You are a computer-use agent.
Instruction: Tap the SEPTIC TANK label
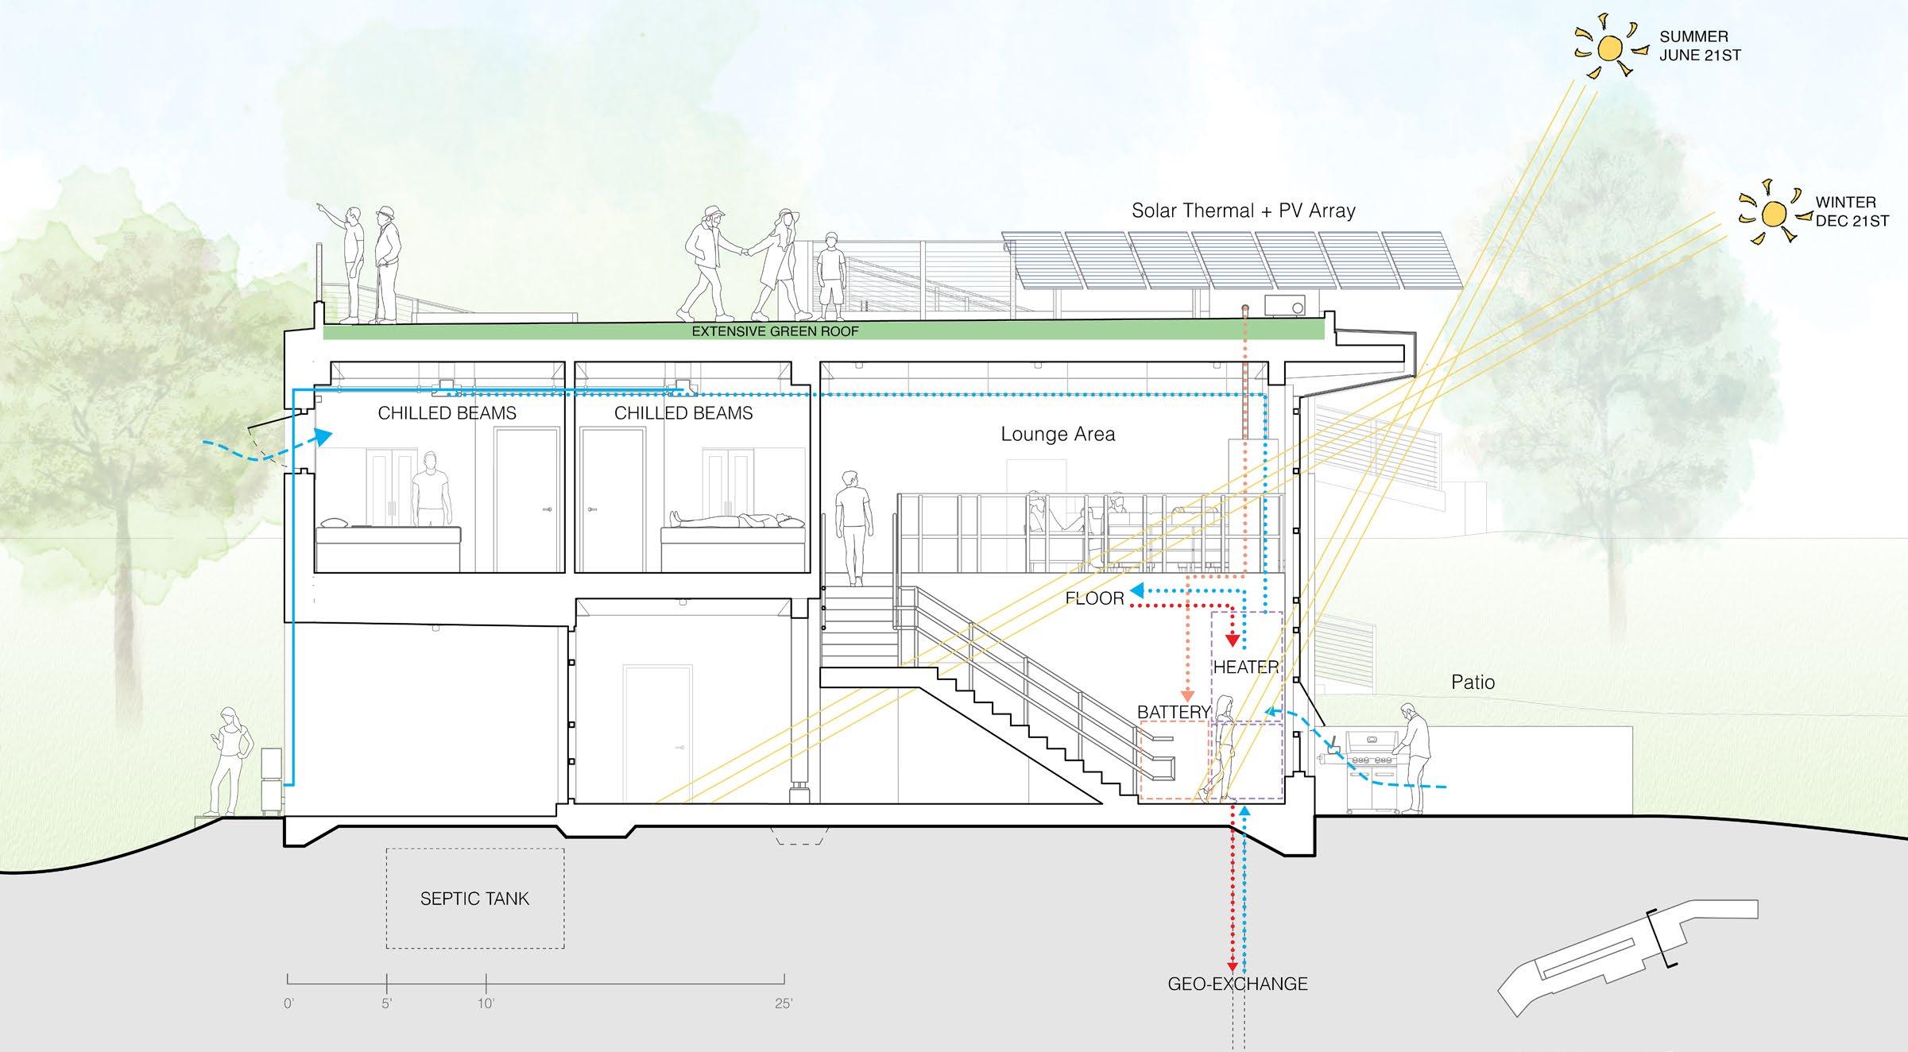tap(474, 899)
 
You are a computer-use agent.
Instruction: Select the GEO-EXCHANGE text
tap(1237, 984)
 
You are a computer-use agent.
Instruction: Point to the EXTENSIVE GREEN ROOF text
tap(775, 331)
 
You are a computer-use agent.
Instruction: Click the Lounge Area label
tap(1058, 434)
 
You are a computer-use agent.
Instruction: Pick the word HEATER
tap(1245, 667)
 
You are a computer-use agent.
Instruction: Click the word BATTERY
tap(1174, 712)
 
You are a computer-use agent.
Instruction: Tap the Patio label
tap(1473, 682)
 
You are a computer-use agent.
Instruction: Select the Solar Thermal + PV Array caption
tap(1243, 211)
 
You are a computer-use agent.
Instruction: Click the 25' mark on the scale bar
tap(784, 1004)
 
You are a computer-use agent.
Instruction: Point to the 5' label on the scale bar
tap(386, 1004)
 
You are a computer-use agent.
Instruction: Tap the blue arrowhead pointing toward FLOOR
tap(1137, 590)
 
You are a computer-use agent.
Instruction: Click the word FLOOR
tap(1094, 598)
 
